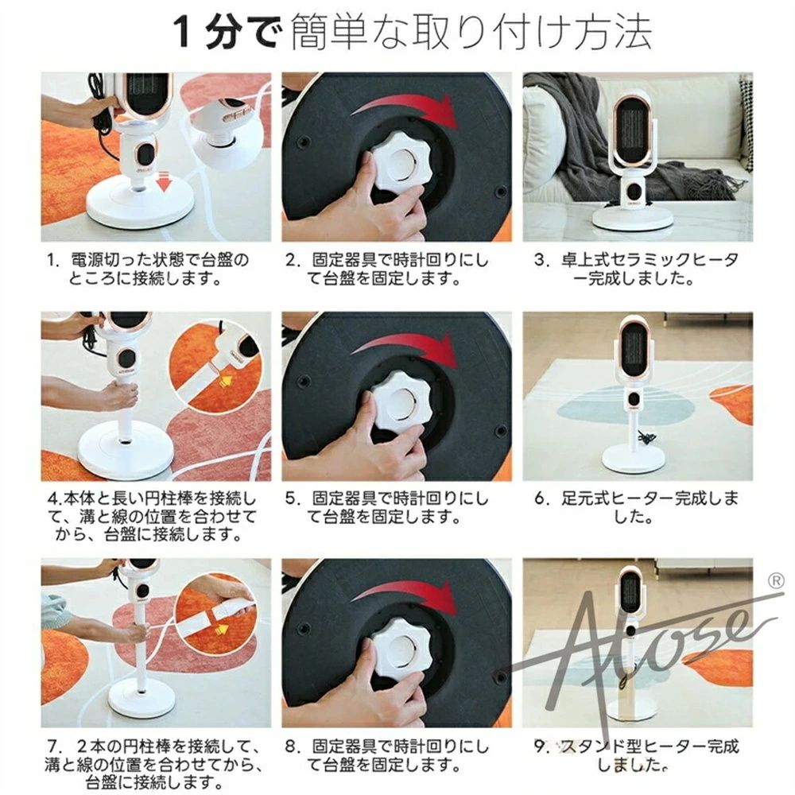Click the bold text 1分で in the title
coord(226,33)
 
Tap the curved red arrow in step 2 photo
coord(404,111)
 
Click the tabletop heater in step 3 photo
coord(634,161)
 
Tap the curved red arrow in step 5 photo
coord(405,350)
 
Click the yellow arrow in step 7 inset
coord(221,630)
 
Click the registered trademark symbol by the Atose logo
coord(776,581)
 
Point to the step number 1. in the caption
coord(54,260)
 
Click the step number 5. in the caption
coord(293,499)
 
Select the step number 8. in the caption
coord(293,747)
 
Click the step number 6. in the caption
coord(542,499)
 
